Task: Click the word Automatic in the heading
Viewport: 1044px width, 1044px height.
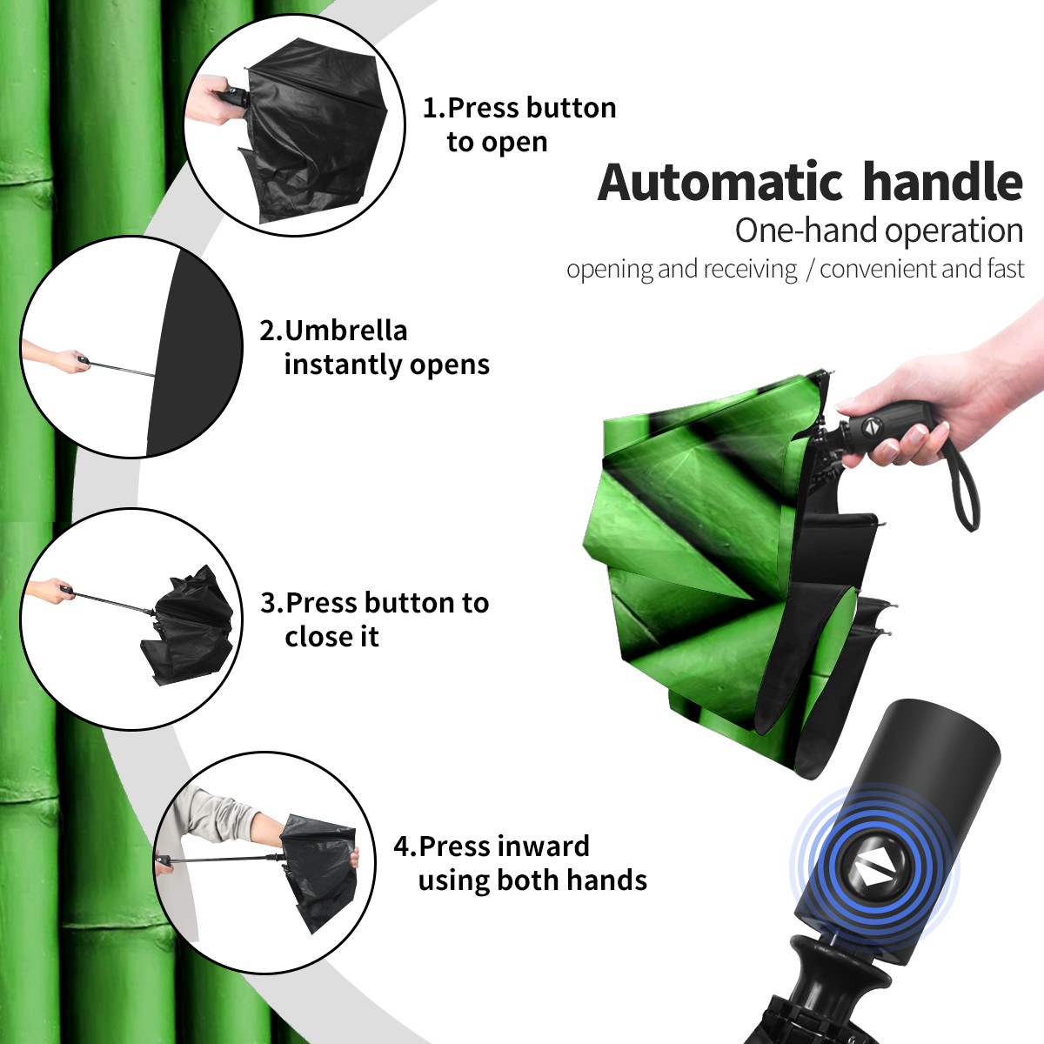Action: (720, 183)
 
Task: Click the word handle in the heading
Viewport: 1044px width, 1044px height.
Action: (943, 182)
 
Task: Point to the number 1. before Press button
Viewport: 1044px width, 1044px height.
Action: (433, 109)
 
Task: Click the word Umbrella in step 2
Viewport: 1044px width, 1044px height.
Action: (345, 331)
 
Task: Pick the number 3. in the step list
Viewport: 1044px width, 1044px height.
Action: (271, 603)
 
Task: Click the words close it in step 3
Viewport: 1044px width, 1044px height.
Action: (331, 637)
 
